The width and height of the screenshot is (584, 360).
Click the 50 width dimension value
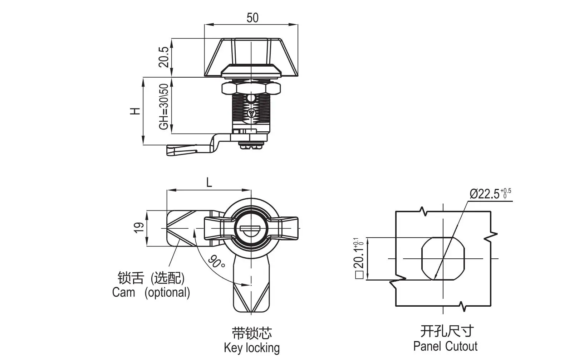click(x=252, y=18)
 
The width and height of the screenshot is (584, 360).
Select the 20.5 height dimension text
click(x=164, y=57)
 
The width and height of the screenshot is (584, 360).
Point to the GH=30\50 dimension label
click(x=164, y=106)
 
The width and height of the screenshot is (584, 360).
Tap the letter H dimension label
click(x=135, y=111)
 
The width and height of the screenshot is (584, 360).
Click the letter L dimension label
click(x=209, y=183)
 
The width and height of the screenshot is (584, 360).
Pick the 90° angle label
click(x=217, y=262)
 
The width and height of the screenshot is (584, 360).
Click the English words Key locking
click(x=252, y=347)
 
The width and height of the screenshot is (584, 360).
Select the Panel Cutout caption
click(x=445, y=346)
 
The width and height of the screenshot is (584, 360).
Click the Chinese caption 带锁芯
click(x=252, y=333)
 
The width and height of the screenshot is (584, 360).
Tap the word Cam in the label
click(x=124, y=292)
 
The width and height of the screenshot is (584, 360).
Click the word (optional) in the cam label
click(x=167, y=292)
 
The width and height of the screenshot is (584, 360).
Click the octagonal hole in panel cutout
click(x=443, y=258)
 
